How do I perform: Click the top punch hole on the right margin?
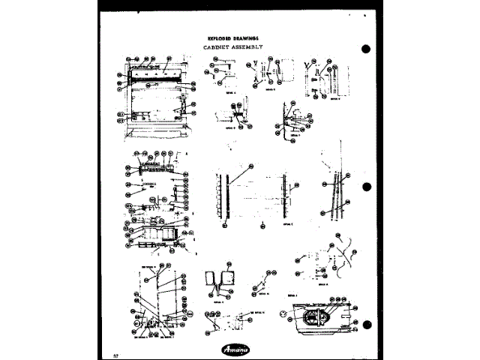click(x=366, y=49)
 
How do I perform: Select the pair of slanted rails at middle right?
click(x=335, y=196)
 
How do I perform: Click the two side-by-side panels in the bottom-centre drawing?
click(x=218, y=280)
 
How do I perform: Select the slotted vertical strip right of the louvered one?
click(x=283, y=196)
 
